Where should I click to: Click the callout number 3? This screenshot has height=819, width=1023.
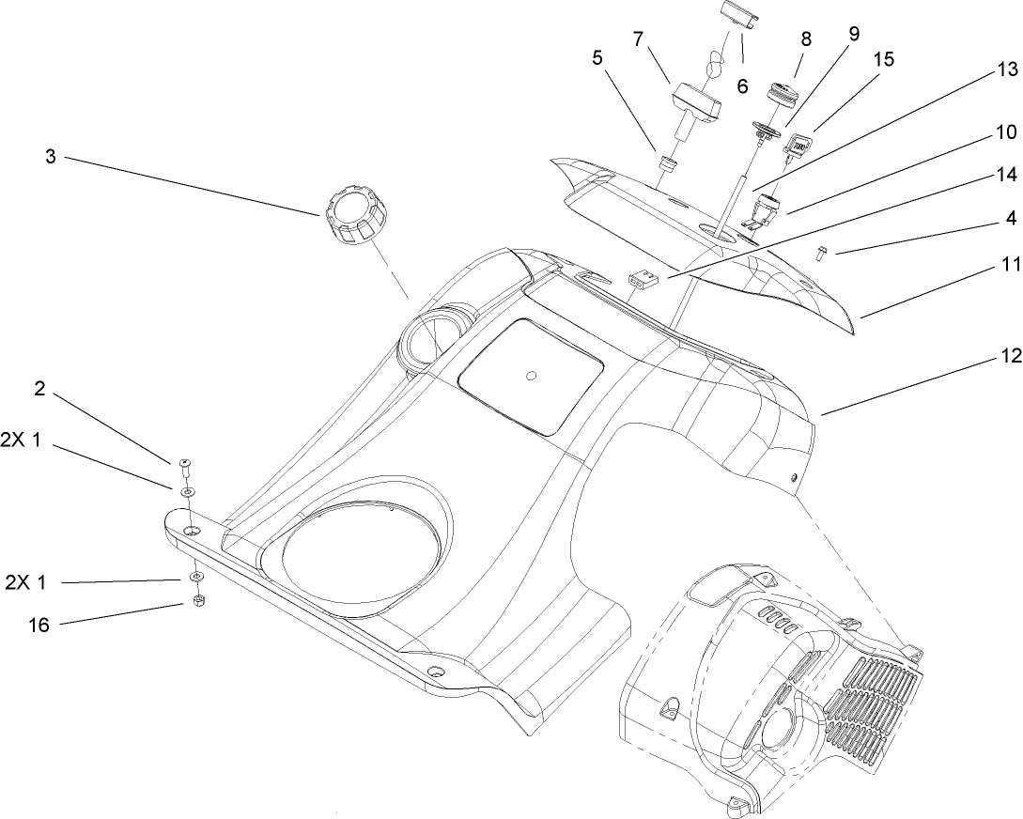pos(50,157)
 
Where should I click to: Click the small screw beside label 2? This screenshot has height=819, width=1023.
pos(186,463)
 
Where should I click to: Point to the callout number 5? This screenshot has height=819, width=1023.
pos(597,58)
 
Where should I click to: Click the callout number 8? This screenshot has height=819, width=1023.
pos(805,39)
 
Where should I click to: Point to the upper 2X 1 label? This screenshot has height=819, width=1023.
pos(23,440)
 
